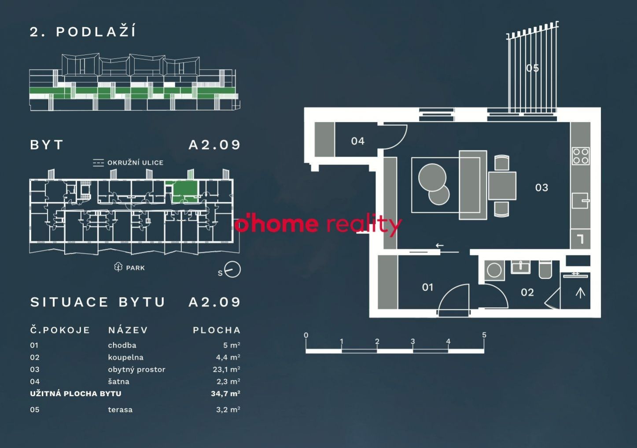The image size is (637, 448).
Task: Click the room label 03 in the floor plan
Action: coord(541,188)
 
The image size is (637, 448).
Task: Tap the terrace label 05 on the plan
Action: coord(532,68)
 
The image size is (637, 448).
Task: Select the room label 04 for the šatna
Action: coord(357,141)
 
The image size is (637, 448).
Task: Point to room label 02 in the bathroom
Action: coord(527,292)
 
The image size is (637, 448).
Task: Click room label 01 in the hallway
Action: coord(427,288)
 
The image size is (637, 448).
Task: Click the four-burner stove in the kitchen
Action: coord(581,156)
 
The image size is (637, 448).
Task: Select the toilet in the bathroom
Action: coord(545,269)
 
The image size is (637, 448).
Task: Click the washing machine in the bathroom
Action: coord(494,270)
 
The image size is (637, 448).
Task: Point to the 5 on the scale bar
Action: coord(484,335)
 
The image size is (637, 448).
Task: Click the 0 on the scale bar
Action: coord(306,335)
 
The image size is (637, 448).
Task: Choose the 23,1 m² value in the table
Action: coord(226,370)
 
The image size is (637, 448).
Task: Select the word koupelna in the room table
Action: coord(125,357)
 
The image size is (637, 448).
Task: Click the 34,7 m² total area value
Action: coord(225,393)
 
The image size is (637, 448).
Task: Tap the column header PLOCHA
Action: coord(217,330)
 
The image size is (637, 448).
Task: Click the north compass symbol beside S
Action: coord(232,270)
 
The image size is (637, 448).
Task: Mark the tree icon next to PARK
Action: coord(118,267)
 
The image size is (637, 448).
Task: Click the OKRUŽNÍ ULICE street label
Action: coord(135,163)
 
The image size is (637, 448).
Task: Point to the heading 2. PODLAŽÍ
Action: coord(83,32)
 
